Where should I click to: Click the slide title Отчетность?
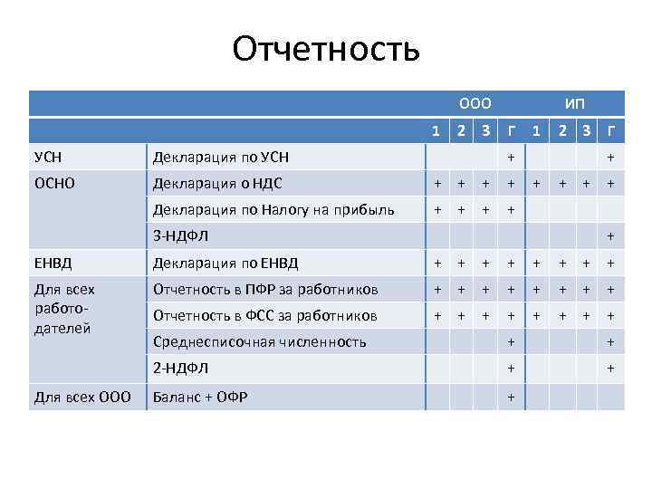pyautogui.click(x=326, y=50)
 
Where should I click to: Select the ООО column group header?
pyautogui.click(x=475, y=104)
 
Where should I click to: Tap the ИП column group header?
pyautogui.click(x=574, y=104)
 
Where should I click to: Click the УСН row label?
pyautogui.click(x=48, y=158)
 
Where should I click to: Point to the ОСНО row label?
pyautogui.click(x=55, y=184)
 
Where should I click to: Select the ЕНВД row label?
pyautogui.click(x=53, y=264)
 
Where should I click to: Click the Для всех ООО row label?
pyautogui.click(x=82, y=397)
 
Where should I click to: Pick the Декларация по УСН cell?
pyautogui.click(x=221, y=158)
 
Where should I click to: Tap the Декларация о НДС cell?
pyautogui.click(x=217, y=184)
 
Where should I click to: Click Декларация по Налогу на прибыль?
pyautogui.click(x=273, y=210)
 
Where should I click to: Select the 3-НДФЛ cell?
pyautogui.click(x=180, y=236)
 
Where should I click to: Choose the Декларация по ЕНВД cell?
pyautogui.click(x=225, y=264)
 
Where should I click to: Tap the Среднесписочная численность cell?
pyautogui.click(x=259, y=342)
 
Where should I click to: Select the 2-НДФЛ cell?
pyautogui.click(x=180, y=369)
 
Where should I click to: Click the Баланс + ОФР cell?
pyautogui.click(x=200, y=397)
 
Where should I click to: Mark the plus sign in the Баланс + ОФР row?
pyautogui.click(x=511, y=397)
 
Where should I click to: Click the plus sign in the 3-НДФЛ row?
pyautogui.click(x=610, y=236)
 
